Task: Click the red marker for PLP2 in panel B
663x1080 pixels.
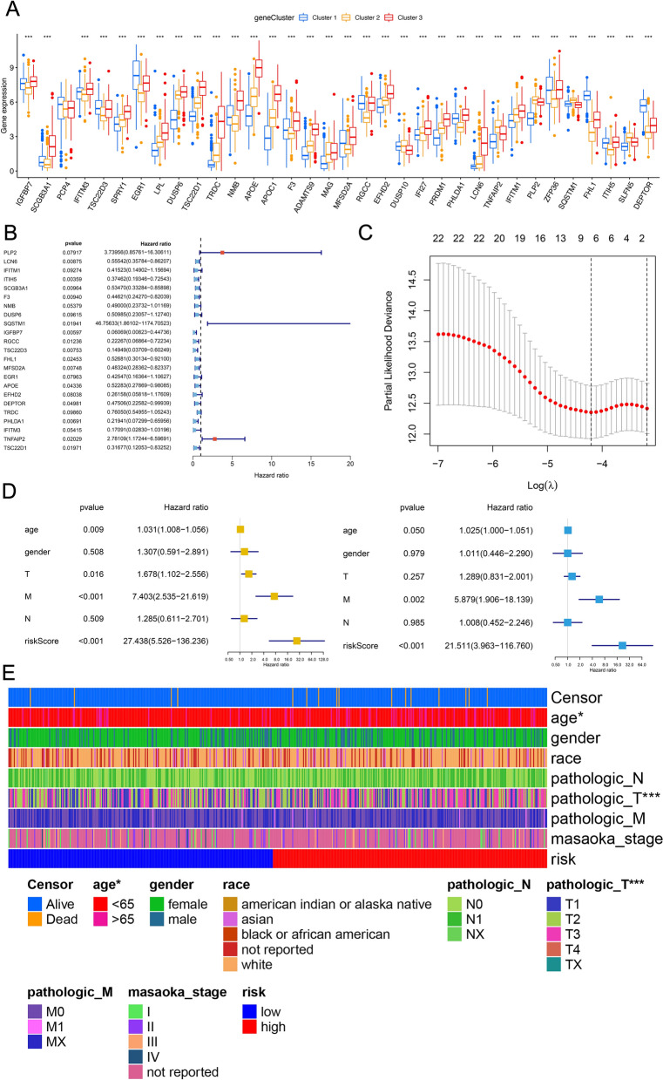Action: pos(222,252)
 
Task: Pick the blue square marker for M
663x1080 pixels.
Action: pos(599,599)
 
